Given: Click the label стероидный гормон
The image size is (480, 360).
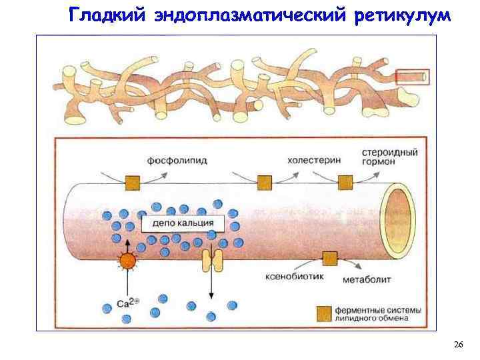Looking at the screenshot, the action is click(x=390, y=157).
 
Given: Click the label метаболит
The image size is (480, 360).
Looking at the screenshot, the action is click(x=367, y=281).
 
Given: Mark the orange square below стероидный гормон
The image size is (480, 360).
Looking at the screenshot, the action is click(x=345, y=181).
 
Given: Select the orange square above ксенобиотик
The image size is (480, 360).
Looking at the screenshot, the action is click(x=329, y=259).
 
